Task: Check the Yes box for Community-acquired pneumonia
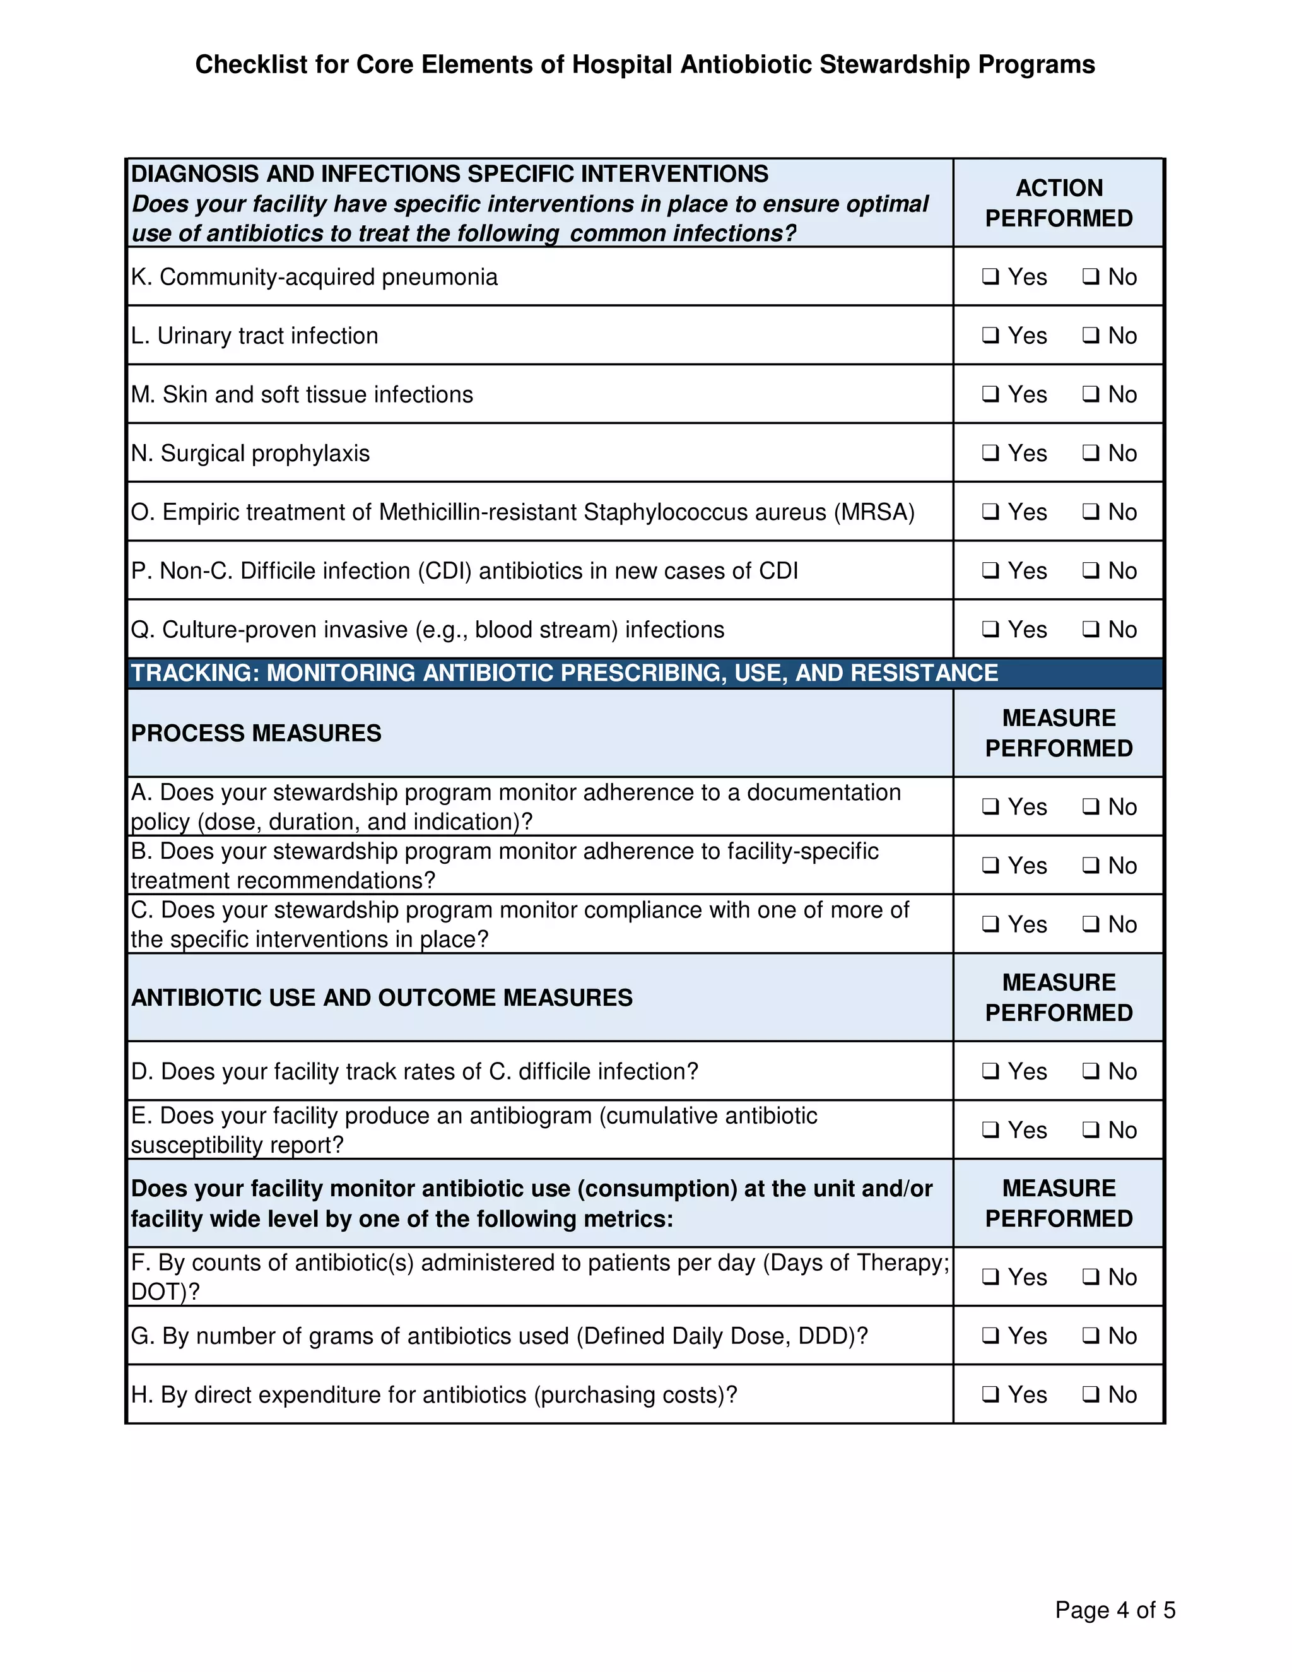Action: (x=990, y=276)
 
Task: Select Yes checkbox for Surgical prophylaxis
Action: (x=990, y=453)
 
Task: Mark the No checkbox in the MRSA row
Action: (x=1091, y=512)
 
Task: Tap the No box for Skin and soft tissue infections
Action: (x=1091, y=394)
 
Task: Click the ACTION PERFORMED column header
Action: (x=1059, y=203)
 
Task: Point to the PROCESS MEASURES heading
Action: (x=255, y=733)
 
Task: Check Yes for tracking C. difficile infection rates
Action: (x=990, y=1071)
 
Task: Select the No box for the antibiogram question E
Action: (x=1091, y=1130)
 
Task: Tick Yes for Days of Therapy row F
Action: (x=990, y=1277)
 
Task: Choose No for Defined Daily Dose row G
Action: (x=1091, y=1336)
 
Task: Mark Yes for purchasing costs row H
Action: (x=990, y=1395)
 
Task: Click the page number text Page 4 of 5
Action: (x=1115, y=1610)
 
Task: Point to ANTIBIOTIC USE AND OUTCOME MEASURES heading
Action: (x=381, y=998)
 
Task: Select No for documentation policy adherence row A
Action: (x=1091, y=807)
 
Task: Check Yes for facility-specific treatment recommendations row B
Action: (x=990, y=866)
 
